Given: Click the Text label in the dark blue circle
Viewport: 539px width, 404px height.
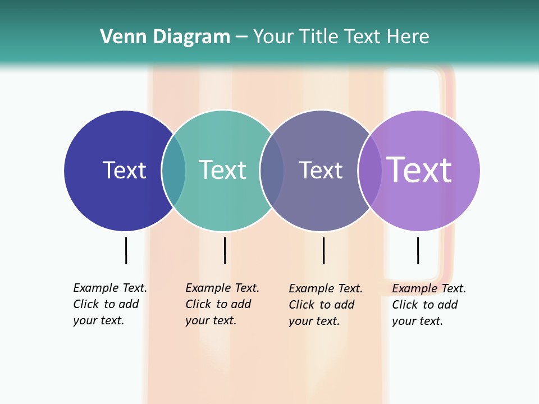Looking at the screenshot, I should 124,170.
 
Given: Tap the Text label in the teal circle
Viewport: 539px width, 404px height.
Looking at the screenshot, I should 222,170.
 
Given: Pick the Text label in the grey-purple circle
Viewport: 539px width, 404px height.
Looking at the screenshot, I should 321,170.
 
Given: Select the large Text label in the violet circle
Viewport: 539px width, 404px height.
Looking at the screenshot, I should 419,170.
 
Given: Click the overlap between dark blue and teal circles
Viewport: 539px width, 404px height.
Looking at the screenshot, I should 173,171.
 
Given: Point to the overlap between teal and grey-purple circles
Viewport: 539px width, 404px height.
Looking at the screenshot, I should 272,171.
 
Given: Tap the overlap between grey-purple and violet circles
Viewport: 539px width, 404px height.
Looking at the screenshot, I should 370,171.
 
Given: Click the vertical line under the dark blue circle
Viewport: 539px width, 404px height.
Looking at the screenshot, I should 126,250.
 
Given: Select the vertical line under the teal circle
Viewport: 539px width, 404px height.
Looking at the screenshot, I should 225,250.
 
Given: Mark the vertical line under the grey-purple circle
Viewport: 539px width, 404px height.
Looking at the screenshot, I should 323,250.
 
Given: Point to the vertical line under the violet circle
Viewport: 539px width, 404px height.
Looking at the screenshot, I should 418,250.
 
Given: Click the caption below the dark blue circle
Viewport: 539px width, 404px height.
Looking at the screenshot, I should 110,304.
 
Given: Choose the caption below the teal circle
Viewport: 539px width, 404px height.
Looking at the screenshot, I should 222,304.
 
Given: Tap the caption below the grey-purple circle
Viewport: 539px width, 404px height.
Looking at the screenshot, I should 326,305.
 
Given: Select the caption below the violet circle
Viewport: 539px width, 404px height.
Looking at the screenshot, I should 429,305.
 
